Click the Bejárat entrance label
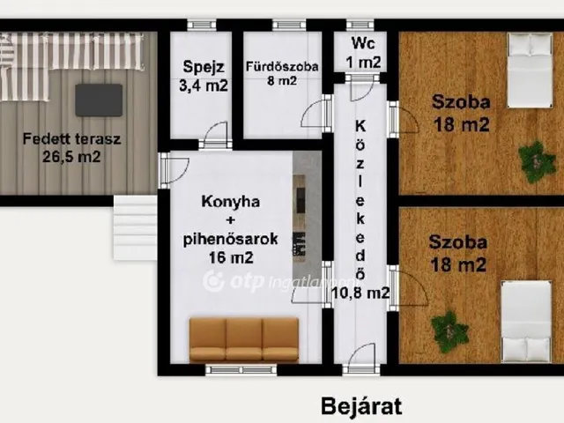tap(361, 406)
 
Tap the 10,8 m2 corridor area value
tap(360, 293)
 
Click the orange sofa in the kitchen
tap(244, 339)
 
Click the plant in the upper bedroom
tap(534, 161)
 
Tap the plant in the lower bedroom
tap(449, 331)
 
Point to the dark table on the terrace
tap(98, 100)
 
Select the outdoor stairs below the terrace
tap(134, 226)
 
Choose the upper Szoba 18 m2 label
tap(460, 113)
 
